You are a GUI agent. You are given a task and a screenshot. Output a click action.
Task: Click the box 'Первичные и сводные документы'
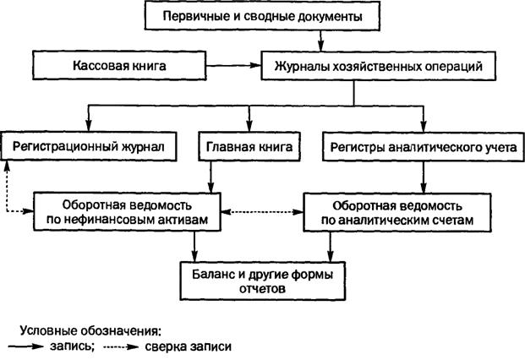click(x=262, y=16)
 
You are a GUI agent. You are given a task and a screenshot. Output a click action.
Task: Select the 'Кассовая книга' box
click(x=119, y=66)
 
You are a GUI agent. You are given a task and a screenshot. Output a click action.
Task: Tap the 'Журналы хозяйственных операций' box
click(x=379, y=66)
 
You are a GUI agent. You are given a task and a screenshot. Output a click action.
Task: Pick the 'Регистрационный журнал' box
click(x=89, y=146)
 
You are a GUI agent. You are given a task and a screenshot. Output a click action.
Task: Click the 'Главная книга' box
click(x=249, y=146)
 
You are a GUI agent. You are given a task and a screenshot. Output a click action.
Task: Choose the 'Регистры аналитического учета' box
click(x=424, y=147)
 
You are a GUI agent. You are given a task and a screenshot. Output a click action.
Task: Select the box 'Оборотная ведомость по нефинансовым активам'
click(x=127, y=212)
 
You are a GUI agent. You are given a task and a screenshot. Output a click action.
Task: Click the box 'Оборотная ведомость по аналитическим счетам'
click(x=397, y=212)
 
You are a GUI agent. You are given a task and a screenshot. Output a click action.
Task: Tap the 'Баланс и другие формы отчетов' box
click(x=262, y=281)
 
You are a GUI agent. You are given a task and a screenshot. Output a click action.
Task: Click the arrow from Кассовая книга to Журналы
click(x=233, y=66)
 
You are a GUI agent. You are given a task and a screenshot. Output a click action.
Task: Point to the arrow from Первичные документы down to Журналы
click(x=321, y=41)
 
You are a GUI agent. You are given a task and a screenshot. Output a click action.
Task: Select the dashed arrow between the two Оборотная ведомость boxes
click(x=262, y=212)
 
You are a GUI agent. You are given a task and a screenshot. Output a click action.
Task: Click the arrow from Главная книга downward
click(x=211, y=177)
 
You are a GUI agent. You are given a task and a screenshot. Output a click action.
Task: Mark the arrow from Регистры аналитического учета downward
click(x=424, y=177)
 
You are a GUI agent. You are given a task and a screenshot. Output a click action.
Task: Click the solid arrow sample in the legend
click(x=25, y=346)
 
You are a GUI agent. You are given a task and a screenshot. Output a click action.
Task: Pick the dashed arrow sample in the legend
click(x=121, y=346)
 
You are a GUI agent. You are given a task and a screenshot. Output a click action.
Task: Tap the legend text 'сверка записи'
click(x=189, y=346)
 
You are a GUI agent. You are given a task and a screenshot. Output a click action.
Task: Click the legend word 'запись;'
click(x=73, y=346)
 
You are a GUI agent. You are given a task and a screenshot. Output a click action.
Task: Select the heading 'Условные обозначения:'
click(x=90, y=331)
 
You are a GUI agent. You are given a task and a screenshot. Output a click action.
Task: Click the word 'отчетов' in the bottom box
click(x=262, y=288)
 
